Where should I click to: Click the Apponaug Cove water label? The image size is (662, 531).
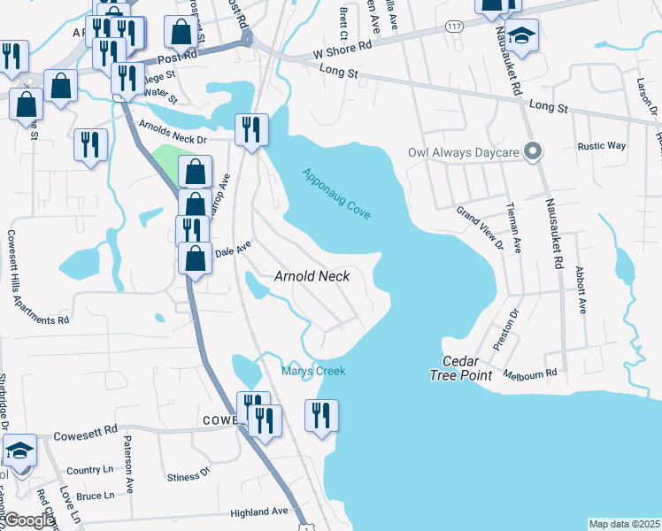(x=335, y=195)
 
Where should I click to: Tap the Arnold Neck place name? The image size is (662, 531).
(x=312, y=276)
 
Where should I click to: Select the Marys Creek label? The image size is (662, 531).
(x=313, y=371)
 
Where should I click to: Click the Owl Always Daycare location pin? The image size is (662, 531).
(x=532, y=151)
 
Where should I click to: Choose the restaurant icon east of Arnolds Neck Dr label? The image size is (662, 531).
(x=250, y=129)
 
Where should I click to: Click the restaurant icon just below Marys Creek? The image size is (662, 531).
(x=321, y=415)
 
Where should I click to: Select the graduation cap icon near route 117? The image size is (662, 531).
(x=522, y=36)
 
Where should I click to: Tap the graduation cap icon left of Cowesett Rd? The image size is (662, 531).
(x=19, y=451)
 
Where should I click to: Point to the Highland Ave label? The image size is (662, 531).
(x=259, y=512)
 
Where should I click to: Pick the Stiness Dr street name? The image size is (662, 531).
(x=188, y=477)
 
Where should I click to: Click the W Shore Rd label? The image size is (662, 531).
(x=340, y=54)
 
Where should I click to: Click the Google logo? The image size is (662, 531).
(x=28, y=521)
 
